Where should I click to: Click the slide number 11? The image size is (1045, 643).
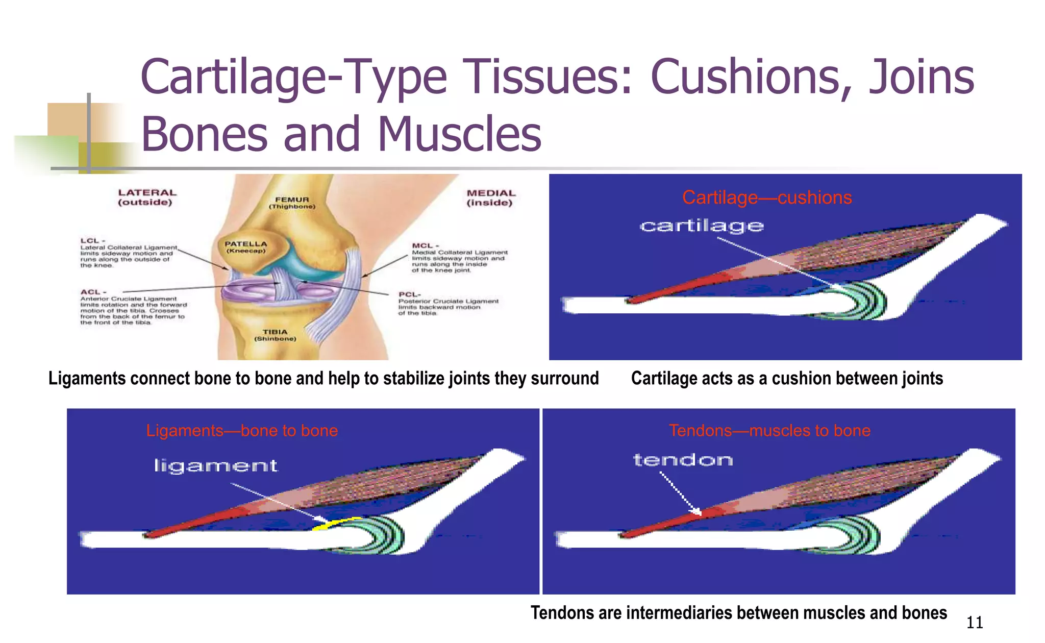(975, 623)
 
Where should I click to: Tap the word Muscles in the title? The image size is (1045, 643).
(459, 134)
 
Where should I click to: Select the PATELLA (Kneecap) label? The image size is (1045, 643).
(246, 247)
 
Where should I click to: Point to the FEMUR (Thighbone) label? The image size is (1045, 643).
(292, 203)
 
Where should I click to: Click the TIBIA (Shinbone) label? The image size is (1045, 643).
(275, 335)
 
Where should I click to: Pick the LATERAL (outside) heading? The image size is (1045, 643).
(147, 197)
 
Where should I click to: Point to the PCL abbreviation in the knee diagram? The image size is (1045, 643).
(409, 295)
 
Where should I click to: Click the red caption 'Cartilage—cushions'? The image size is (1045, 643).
(767, 197)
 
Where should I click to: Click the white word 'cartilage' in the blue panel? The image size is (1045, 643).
(702, 226)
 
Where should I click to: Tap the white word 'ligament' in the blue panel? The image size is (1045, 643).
(215, 466)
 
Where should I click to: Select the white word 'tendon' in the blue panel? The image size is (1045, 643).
(683, 460)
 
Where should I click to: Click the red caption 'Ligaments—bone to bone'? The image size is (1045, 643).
(242, 431)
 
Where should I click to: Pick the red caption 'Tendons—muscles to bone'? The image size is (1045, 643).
(769, 431)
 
